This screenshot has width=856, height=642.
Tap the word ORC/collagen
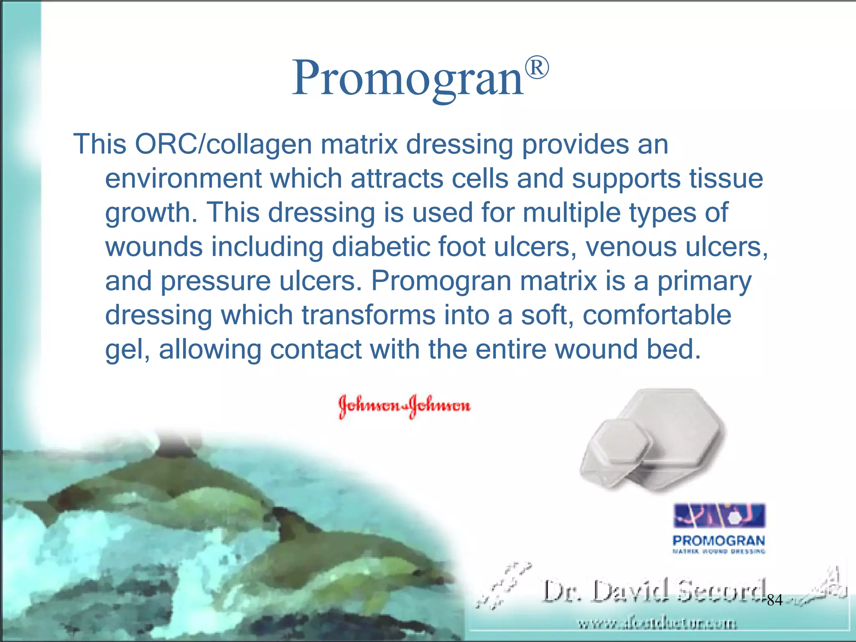[x=223, y=145]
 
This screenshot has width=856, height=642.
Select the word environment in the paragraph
[x=182, y=179]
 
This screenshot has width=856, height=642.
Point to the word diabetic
[x=380, y=247]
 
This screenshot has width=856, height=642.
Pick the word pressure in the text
[x=215, y=281]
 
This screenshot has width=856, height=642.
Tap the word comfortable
[x=657, y=315]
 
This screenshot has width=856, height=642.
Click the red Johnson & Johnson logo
[x=404, y=405]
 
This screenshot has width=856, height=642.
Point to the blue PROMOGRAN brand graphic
[x=719, y=516]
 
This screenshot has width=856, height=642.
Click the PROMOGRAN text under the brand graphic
[x=718, y=540]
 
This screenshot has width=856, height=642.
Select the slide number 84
[x=774, y=601]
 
